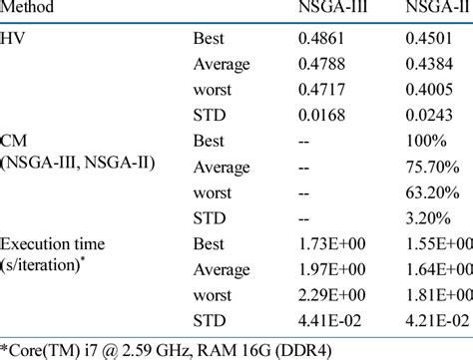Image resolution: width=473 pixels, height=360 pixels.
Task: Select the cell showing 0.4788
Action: click(x=324, y=68)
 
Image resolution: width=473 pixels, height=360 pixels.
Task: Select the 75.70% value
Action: click(x=430, y=170)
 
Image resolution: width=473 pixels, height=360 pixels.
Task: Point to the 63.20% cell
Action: click(x=430, y=194)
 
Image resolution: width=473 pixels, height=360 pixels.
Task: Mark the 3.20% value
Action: click(x=426, y=219)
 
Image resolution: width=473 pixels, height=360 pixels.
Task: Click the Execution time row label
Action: click(x=55, y=244)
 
